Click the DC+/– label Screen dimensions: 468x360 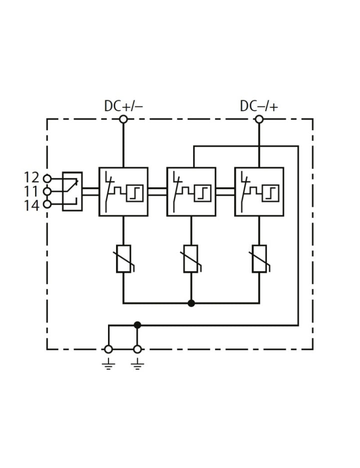pyautogui.click(x=123, y=106)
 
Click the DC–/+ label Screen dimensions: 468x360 pyautogui.click(x=259, y=106)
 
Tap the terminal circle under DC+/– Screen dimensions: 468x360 pyautogui.click(x=123, y=119)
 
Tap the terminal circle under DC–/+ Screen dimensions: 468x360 pyautogui.click(x=259, y=119)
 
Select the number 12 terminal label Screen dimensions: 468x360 pyautogui.click(x=31, y=177)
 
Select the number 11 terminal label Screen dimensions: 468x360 pyautogui.click(x=31, y=191)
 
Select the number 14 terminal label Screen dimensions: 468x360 pyautogui.click(x=31, y=204)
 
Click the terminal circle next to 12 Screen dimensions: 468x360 pyautogui.click(x=47, y=178)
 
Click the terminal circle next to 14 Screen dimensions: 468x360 pyautogui.click(x=47, y=204)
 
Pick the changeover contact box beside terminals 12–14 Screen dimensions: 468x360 pyautogui.click(x=72, y=191)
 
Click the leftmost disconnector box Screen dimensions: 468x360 pyautogui.click(x=123, y=191)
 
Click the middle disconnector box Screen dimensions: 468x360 pyautogui.click(x=191, y=191)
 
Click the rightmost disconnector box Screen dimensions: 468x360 pyautogui.click(x=259, y=191)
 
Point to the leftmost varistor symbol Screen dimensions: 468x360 pyautogui.click(x=123, y=259)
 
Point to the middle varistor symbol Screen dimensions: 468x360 pyautogui.click(x=191, y=259)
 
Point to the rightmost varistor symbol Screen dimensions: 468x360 pyautogui.click(x=259, y=259)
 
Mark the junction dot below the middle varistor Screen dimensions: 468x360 pyautogui.click(x=191, y=303)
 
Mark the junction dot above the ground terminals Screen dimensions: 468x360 pyautogui.click(x=137, y=325)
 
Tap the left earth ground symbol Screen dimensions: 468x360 pyautogui.click(x=108, y=365)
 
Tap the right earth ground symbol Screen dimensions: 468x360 pyautogui.click(x=137, y=365)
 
